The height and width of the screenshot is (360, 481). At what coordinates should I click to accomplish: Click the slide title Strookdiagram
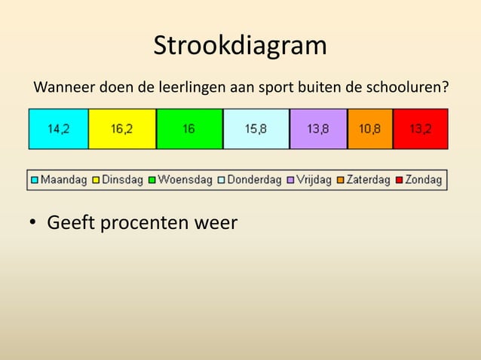pyautogui.click(x=240, y=46)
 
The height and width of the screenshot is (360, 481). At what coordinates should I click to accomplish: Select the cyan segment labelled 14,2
pyautogui.click(x=58, y=129)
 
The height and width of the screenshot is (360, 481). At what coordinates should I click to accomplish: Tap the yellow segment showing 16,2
pyautogui.click(x=122, y=129)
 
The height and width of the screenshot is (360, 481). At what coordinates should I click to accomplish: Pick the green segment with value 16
pyautogui.click(x=189, y=129)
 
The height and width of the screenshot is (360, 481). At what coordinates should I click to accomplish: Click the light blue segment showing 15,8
pyautogui.click(x=256, y=129)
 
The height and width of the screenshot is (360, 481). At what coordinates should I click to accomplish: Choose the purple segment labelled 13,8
pyautogui.click(x=318, y=129)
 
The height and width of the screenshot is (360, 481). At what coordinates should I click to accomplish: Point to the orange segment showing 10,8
pyautogui.click(x=370, y=129)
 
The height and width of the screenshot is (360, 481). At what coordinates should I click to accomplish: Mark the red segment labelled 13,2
pyautogui.click(x=421, y=129)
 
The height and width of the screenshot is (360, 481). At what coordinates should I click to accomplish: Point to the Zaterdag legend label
pyautogui.click(x=368, y=180)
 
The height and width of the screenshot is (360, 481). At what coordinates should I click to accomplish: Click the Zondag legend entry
pyautogui.click(x=424, y=180)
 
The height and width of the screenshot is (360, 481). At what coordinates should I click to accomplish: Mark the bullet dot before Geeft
pyautogui.click(x=34, y=224)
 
